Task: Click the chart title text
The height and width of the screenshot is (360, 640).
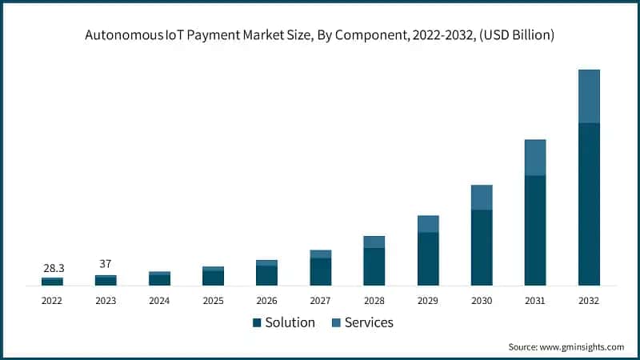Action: pos(320,35)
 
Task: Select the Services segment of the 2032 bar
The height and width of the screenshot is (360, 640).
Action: pos(589,96)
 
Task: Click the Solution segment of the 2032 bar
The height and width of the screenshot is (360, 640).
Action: pos(589,204)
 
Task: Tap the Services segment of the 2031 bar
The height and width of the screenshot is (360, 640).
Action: pos(535,158)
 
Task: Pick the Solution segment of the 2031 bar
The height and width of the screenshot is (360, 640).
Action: pos(535,230)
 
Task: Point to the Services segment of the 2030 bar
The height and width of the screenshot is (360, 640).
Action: pos(482,198)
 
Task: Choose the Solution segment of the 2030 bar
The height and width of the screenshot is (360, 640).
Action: pos(482,247)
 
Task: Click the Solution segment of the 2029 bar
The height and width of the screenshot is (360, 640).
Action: pos(428,258)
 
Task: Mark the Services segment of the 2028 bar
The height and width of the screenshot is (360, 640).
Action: pos(374,242)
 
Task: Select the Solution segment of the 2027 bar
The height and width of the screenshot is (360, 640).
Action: pos(321,271)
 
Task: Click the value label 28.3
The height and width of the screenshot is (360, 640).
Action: pos(52,268)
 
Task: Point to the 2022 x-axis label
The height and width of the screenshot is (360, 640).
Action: pos(52,301)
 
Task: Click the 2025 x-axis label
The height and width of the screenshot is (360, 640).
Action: pos(213,301)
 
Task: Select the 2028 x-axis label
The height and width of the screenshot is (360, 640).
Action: pos(374,301)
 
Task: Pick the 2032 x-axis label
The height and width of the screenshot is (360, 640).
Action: pos(589,301)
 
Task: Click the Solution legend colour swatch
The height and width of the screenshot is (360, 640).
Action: pos(257,322)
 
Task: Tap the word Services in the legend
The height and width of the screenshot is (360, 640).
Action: pos(368,322)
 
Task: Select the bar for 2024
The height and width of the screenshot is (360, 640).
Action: pos(159,278)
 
